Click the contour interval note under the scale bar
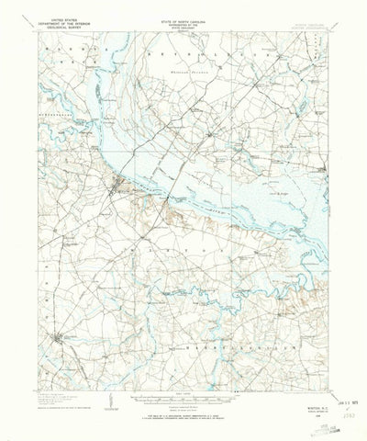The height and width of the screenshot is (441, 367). [x=183, y=401]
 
